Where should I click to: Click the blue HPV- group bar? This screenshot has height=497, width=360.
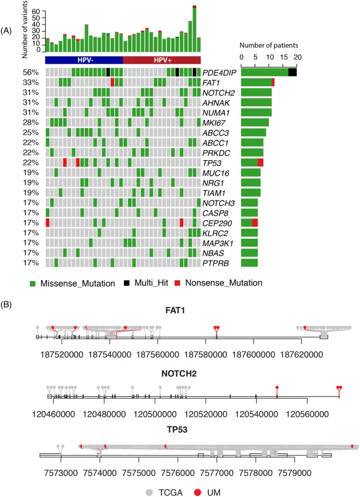pyautogui.click(x=83, y=59)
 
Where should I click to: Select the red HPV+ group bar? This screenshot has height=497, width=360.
pyautogui.click(x=162, y=59)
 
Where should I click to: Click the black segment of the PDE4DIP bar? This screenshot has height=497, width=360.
pyautogui.click(x=292, y=72)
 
